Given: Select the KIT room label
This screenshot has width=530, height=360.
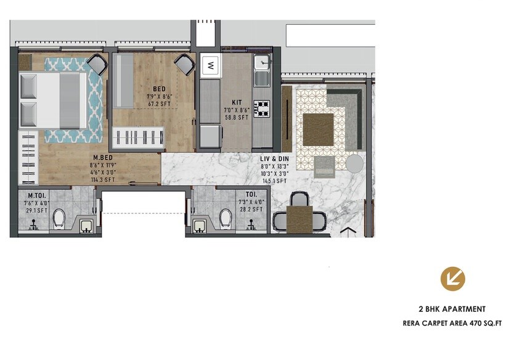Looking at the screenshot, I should (237, 102).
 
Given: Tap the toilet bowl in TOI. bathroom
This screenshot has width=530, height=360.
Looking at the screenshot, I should (226, 218).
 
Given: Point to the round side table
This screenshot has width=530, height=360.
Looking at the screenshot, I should (354, 163).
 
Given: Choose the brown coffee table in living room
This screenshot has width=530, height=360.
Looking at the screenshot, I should (318, 129).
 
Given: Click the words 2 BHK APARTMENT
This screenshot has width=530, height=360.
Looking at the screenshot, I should (452, 309).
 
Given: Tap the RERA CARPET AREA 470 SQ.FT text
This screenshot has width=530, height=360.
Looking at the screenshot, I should (452, 322).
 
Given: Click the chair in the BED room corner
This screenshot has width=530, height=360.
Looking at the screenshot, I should (184, 63).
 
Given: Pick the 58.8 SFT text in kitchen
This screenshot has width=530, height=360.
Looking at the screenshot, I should (237, 117).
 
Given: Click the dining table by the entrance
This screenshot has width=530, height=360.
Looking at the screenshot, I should (300, 218).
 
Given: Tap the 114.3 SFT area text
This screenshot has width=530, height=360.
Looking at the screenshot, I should (101, 181).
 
